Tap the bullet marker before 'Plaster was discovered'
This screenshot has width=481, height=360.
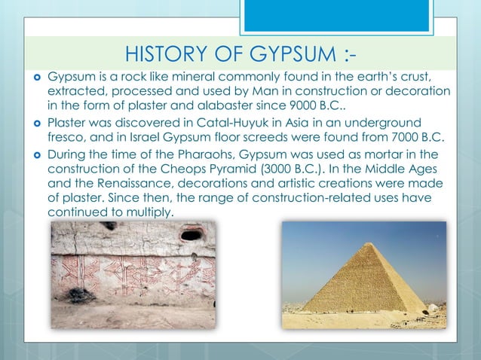pos(35,123)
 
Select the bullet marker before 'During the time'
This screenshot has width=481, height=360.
pos(35,156)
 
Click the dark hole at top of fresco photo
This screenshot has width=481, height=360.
pos(191,235)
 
